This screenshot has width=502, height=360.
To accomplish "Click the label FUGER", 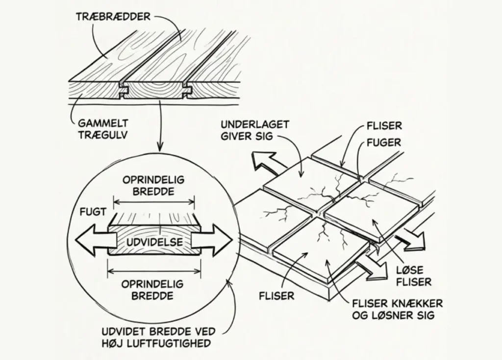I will [384, 143].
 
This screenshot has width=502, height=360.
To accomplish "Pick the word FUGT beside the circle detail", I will [93, 213].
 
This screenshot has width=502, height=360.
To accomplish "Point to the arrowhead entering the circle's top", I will [159, 146].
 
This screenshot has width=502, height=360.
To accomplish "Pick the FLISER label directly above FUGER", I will [384, 125].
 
